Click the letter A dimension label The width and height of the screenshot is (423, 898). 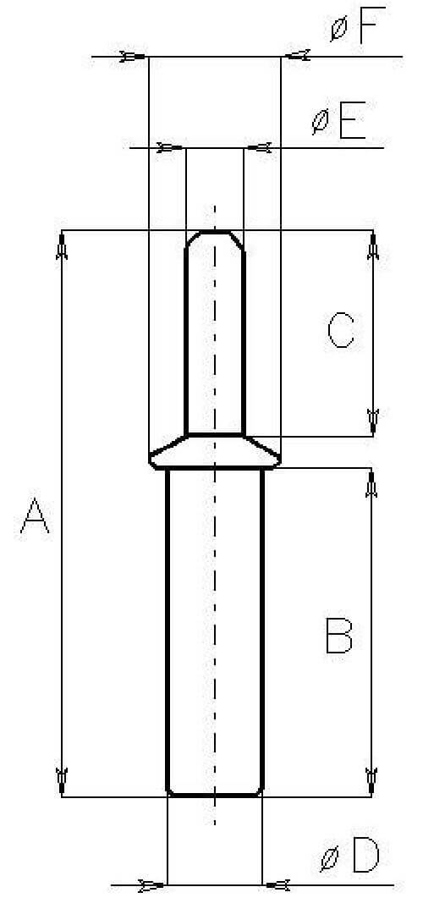(x=35, y=515)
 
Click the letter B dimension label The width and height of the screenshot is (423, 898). (x=339, y=635)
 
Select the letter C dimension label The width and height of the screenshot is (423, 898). (x=341, y=330)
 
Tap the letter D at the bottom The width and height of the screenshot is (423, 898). (x=365, y=855)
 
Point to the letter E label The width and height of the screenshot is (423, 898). (x=353, y=121)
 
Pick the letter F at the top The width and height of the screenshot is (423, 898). (x=372, y=25)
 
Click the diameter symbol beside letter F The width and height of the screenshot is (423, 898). (x=339, y=29)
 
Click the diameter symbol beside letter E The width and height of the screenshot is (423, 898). (x=321, y=122)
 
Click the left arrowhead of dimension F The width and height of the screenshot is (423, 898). (x=133, y=56)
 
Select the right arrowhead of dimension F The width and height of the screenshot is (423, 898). (x=296, y=56)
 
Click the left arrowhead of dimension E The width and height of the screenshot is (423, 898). (x=171, y=148)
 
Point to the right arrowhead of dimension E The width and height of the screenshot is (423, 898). (x=259, y=148)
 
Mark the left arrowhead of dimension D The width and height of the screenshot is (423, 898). (x=151, y=885)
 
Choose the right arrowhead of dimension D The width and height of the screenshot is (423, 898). (x=277, y=885)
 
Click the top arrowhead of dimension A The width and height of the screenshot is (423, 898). (x=62, y=245)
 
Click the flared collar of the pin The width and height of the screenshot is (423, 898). (x=215, y=452)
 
